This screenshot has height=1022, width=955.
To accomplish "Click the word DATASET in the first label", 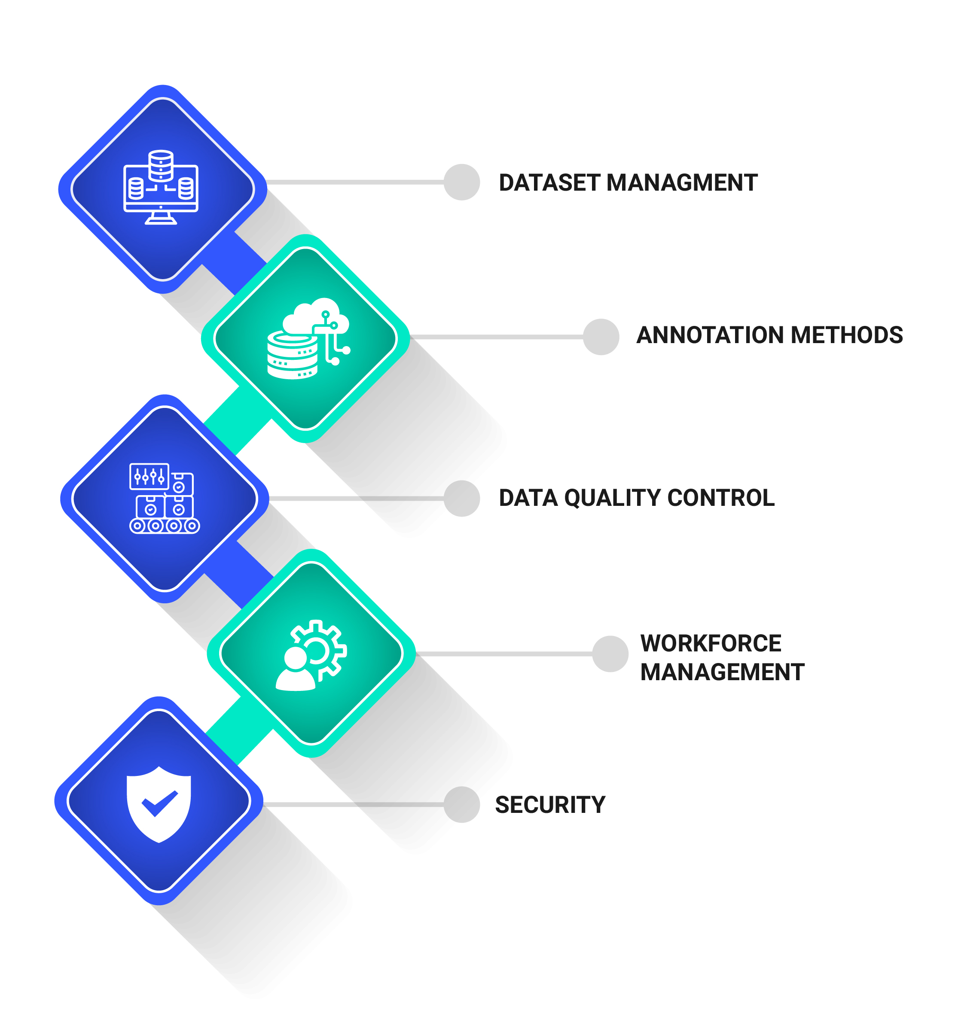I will tap(550, 183).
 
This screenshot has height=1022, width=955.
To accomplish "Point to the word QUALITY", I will tap(612, 498).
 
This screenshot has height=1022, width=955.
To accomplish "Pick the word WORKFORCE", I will tap(710, 644).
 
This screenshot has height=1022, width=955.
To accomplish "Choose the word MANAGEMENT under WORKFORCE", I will tap(722, 672).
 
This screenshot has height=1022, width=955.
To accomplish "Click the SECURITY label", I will tap(550, 805).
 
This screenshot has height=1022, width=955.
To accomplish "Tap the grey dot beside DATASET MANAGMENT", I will tap(461, 182).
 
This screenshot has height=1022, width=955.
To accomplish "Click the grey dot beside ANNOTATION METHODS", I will tap(601, 337).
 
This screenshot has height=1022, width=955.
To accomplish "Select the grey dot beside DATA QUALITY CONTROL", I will tap(461, 498).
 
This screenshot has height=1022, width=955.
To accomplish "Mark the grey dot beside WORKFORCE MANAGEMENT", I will tap(610, 654).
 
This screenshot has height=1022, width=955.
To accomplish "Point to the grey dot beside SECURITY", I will tap(461, 805).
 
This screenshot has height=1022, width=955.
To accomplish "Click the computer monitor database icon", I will tap(161, 188).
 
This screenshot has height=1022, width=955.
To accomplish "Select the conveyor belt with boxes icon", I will tap(164, 498).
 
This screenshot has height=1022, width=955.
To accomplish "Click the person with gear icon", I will tap(311, 655).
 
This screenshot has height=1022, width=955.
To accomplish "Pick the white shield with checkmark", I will tap(159, 805).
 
